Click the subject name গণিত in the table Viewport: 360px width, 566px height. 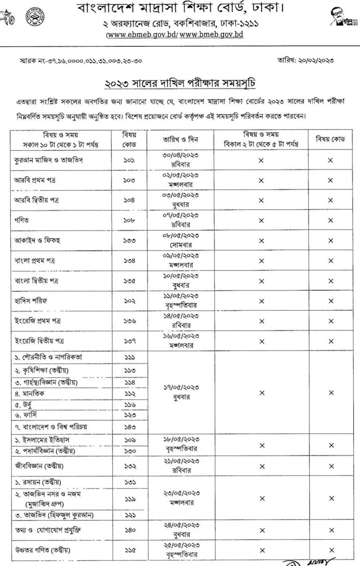(x=22, y=220)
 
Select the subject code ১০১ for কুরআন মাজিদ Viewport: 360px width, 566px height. (x=129, y=160)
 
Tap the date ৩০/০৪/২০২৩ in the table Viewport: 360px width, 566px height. (x=180, y=155)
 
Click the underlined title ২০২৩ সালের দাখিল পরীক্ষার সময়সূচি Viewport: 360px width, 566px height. (x=180, y=84)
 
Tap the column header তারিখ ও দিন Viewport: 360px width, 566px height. (x=180, y=140)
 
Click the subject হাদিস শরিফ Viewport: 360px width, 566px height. (x=31, y=300)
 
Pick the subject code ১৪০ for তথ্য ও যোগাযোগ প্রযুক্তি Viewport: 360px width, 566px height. (x=130, y=530)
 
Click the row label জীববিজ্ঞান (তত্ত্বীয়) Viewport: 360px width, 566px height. (x=39, y=466)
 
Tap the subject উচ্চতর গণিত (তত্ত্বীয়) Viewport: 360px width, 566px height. (x=43, y=550)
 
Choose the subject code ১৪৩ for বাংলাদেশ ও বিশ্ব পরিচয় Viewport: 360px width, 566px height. (x=130, y=427)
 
